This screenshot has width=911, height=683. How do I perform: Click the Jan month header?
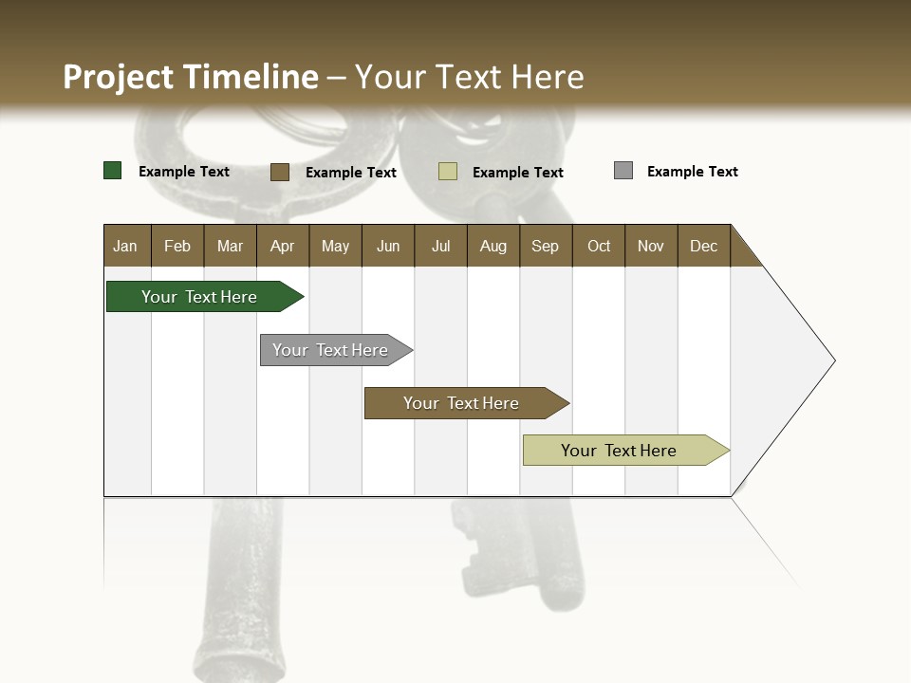(125, 246)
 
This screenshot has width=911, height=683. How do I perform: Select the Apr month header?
(282, 246)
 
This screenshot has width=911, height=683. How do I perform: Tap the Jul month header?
(440, 246)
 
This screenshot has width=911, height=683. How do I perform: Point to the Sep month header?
(545, 246)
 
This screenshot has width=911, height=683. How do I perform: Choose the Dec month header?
(703, 246)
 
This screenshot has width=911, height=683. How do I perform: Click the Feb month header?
(177, 246)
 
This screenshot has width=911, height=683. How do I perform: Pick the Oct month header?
(599, 246)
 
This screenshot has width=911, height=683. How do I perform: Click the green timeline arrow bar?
(199, 297)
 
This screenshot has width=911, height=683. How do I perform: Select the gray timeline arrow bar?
(330, 350)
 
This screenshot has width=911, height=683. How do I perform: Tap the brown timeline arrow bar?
(461, 403)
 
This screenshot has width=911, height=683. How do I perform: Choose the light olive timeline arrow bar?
(619, 451)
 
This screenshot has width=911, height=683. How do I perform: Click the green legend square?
(113, 171)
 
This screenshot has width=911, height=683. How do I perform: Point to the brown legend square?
(280, 172)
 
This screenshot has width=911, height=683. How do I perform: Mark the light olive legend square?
(448, 172)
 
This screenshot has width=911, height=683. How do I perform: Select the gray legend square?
(623, 171)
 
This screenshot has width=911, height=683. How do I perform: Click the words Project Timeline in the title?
(190, 77)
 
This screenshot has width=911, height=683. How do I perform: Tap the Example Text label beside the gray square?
(692, 172)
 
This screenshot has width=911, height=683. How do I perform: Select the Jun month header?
(388, 246)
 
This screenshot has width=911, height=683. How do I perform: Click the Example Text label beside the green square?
(183, 172)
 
